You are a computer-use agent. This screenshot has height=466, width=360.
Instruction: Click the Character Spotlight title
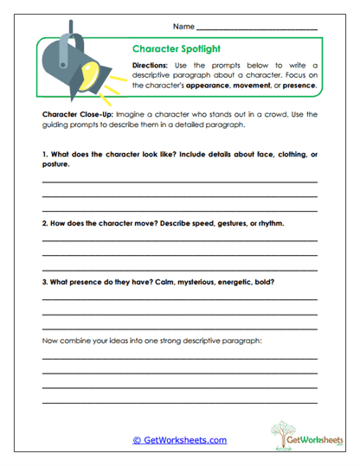177,50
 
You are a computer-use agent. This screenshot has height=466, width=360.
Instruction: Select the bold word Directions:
152,66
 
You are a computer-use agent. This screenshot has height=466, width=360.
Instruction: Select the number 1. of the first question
45,154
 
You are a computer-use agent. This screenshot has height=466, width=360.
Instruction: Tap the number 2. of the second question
45,223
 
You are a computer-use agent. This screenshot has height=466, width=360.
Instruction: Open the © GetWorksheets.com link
180,440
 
